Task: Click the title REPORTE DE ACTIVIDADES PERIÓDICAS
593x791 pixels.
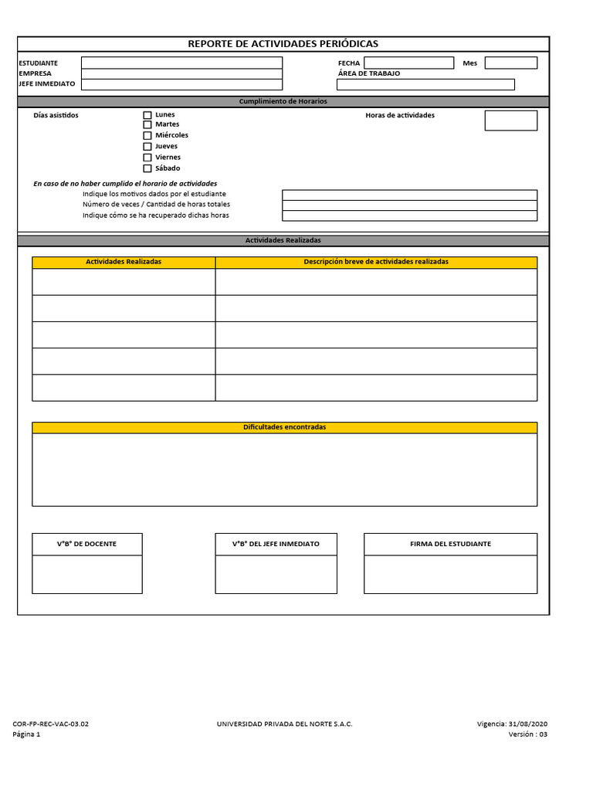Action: click(283, 44)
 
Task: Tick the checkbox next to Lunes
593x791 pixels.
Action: click(147, 115)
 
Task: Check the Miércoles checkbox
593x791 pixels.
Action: click(147, 136)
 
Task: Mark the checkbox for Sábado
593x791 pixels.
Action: click(147, 168)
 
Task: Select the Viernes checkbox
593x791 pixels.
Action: click(147, 158)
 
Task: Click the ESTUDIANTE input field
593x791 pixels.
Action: click(181, 63)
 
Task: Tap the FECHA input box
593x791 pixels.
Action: click(408, 63)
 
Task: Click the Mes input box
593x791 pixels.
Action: click(510, 63)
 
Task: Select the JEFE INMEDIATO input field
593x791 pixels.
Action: click(181, 84)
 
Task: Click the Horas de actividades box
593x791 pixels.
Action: click(510, 121)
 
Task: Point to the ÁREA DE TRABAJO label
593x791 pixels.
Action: click(369, 73)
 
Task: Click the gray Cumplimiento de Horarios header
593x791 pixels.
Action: click(283, 102)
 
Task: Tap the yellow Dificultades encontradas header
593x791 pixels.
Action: click(284, 427)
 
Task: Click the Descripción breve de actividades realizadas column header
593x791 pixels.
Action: click(376, 262)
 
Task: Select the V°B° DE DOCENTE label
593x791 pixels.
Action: click(87, 544)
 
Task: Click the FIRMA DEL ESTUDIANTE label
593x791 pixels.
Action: click(450, 544)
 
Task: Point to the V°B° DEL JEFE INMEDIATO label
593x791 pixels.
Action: click(276, 544)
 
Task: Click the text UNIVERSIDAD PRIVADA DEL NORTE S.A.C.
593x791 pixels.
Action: click(286, 724)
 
